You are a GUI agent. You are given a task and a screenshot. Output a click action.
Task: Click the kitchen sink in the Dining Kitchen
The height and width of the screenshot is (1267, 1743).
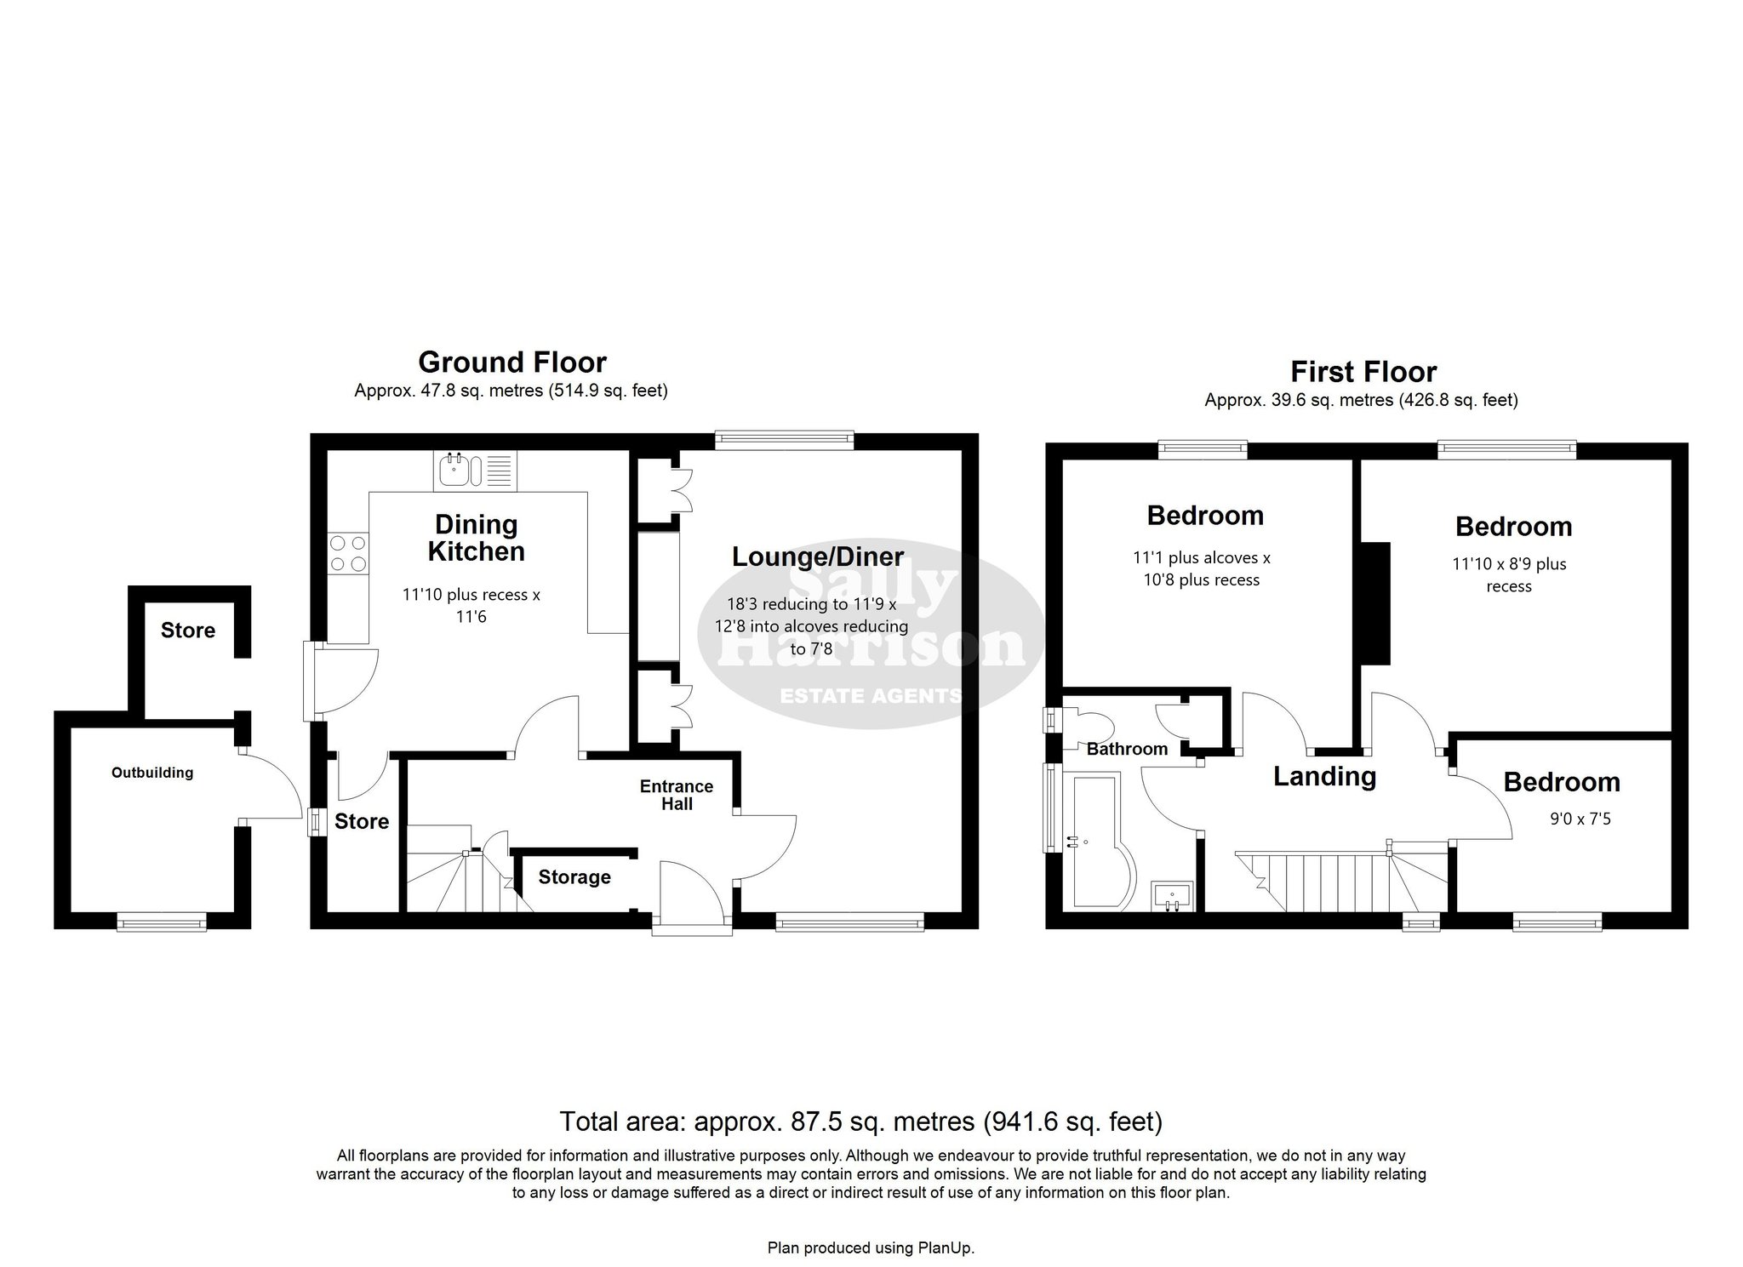pos(475,471)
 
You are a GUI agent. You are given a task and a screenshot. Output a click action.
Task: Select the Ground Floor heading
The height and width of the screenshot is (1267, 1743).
pos(512,362)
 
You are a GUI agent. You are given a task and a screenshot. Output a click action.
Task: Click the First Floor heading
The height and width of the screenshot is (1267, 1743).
pos(1363,372)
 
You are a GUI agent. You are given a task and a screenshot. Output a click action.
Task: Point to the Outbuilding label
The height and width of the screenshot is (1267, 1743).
pos(152,773)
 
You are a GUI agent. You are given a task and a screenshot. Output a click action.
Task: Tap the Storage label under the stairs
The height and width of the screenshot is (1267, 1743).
pos(574,877)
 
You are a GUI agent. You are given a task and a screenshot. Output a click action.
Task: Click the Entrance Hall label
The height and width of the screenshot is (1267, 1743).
pos(677,795)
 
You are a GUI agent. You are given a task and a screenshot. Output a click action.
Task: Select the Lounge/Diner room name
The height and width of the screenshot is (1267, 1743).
pos(818,557)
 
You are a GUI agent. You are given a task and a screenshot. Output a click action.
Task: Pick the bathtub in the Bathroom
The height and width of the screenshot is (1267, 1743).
pos(1101,841)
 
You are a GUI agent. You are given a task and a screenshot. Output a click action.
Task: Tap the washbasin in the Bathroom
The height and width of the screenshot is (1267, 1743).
pos(1173,896)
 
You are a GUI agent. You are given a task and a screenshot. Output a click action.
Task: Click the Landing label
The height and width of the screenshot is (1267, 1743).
pos(1324,776)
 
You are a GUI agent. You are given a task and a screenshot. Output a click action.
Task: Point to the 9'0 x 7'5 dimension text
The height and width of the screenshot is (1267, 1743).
pos(1580,819)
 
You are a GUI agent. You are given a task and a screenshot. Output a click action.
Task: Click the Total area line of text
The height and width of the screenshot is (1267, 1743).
pos(860,1121)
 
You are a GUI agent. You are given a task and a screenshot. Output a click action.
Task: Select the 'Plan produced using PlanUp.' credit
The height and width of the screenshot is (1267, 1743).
pos(871,1248)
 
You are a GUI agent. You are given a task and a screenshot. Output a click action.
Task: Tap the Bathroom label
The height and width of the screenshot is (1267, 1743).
pos(1127,749)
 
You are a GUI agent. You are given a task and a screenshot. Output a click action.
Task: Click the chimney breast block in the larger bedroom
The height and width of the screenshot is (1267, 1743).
pos(1375,603)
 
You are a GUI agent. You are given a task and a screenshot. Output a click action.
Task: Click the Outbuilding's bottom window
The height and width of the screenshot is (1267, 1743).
pos(162,920)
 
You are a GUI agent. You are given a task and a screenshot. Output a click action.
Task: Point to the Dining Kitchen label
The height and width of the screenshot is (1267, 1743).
pos(476,538)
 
